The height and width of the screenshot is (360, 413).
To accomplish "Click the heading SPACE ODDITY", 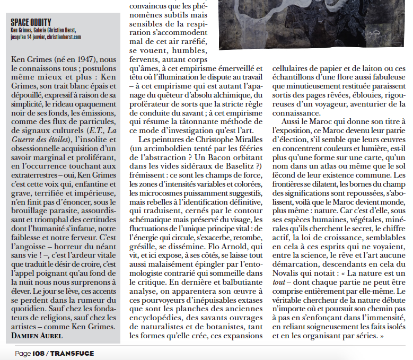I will pyautogui.click(x=31, y=22).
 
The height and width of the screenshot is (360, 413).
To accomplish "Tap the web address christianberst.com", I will pyautogui.click(x=63, y=37).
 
